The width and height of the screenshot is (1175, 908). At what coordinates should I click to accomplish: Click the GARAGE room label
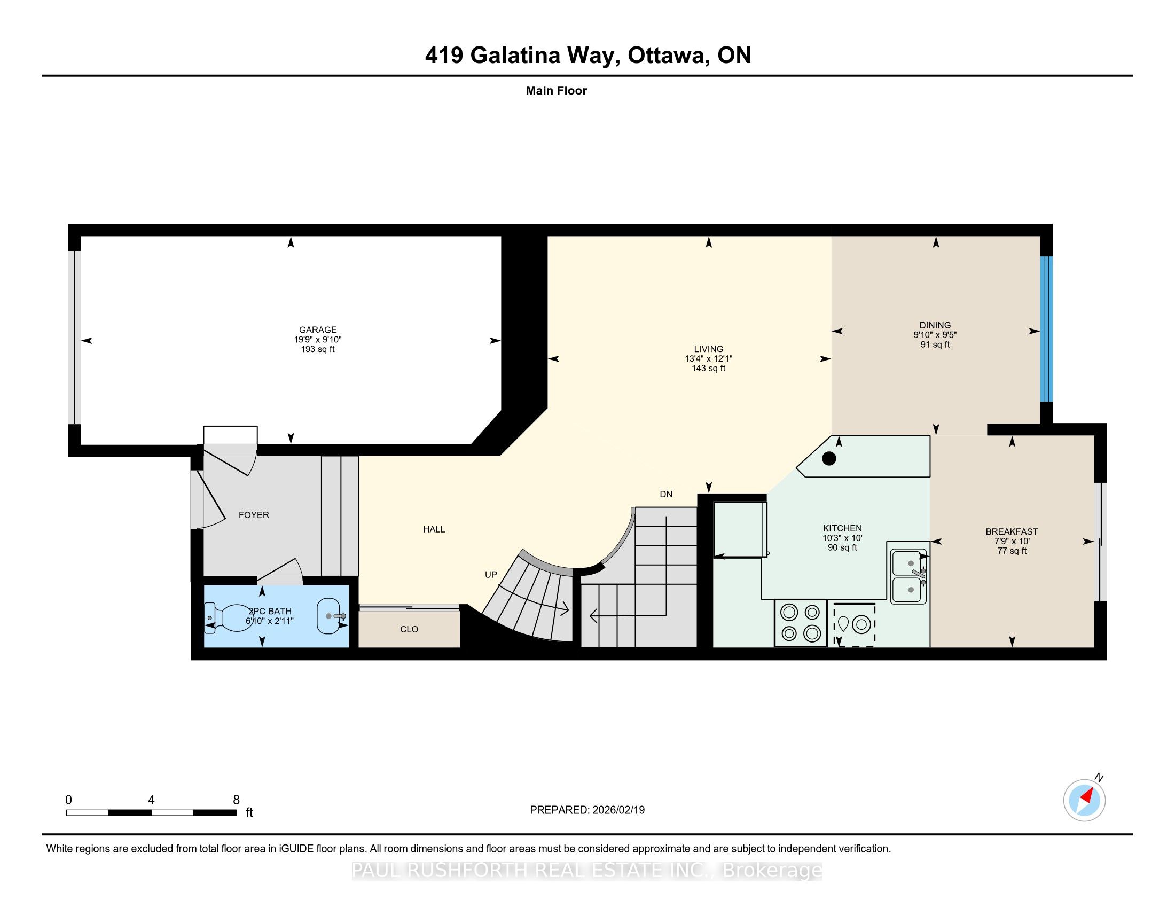click(x=318, y=330)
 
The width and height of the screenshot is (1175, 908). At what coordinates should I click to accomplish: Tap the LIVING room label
click(x=709, y=349)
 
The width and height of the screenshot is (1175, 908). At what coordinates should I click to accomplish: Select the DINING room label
click(x=935, y=325)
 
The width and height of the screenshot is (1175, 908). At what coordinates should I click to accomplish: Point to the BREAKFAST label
click(x=1012, y=531)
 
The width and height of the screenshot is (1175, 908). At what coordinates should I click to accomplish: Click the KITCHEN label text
click(x=842, y=528)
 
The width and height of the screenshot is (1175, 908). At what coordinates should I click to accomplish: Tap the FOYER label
click(x=254, y=515)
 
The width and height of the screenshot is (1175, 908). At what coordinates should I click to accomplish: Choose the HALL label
click(x=434, y=529)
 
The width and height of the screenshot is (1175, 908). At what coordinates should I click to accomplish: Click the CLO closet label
click(x=410, y=629)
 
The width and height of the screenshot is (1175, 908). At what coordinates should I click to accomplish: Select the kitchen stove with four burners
click(x=800, y=623)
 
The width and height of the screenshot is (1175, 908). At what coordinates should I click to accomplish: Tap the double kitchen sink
click(x=909, y=576)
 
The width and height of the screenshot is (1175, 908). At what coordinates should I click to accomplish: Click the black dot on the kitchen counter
click(x=829, y=458)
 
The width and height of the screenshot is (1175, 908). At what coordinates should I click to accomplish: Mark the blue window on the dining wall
click(x=1046, y=329)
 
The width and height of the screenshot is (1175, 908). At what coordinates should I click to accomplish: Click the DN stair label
click(x=666, y=494)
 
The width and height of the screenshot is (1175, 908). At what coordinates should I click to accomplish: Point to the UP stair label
click(x=491, y=575)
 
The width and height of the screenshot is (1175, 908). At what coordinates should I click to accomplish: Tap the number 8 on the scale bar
click(x=236, y=800)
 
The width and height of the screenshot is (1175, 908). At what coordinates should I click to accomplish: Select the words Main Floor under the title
click(x=557, y=90)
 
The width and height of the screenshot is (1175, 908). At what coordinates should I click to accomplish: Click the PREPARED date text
click(x=587, y=810)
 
